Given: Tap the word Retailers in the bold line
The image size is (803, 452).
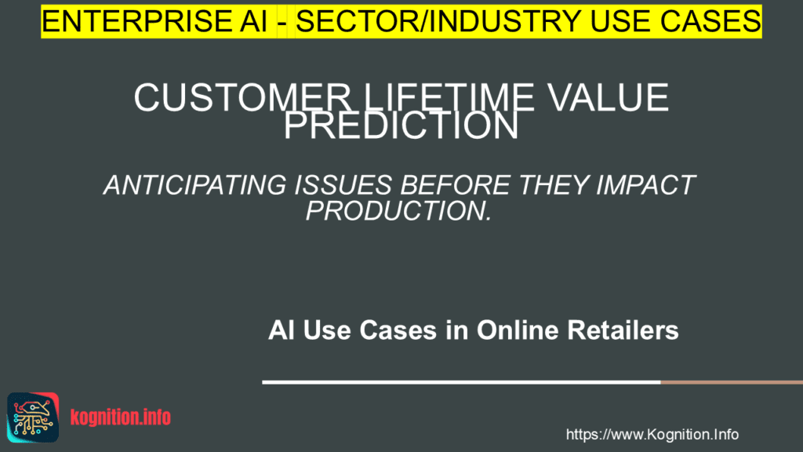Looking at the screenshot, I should tap(628, 331).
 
